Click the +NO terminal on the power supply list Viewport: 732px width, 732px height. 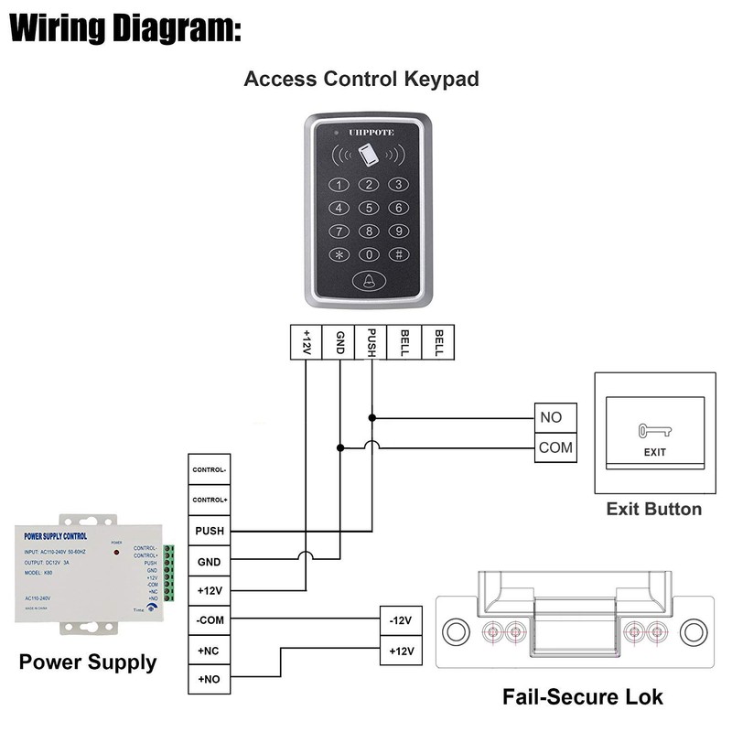[x=209, y=680]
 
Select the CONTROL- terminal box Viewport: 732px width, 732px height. [x=209, y=470]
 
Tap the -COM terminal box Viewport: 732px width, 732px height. [x=209, y=620]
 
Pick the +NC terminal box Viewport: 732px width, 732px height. [x=209, y=651]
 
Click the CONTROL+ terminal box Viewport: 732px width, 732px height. [x=209, y=501]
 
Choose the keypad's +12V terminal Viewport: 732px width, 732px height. [x=307, y=342]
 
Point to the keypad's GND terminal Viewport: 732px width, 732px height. [x=339, y=342]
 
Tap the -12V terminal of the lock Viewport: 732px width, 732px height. [x=401, y=621]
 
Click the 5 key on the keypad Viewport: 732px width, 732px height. [x=369, y=208]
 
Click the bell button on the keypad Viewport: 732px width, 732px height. [x=369, y=283]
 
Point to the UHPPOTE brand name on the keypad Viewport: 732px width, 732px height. [x=370, y=132]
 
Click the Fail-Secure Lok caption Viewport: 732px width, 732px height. [x=582, y=697]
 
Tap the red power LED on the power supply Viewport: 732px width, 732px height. [x=116, y=554]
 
